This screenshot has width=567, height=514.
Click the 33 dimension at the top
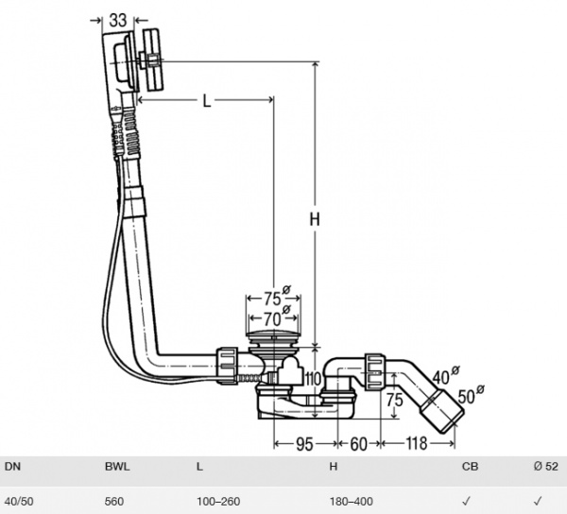point(118,20)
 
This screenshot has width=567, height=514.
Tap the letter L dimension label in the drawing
point(207,102)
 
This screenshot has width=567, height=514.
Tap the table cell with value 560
point(114,500)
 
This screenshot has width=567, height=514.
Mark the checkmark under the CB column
point(467,500)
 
